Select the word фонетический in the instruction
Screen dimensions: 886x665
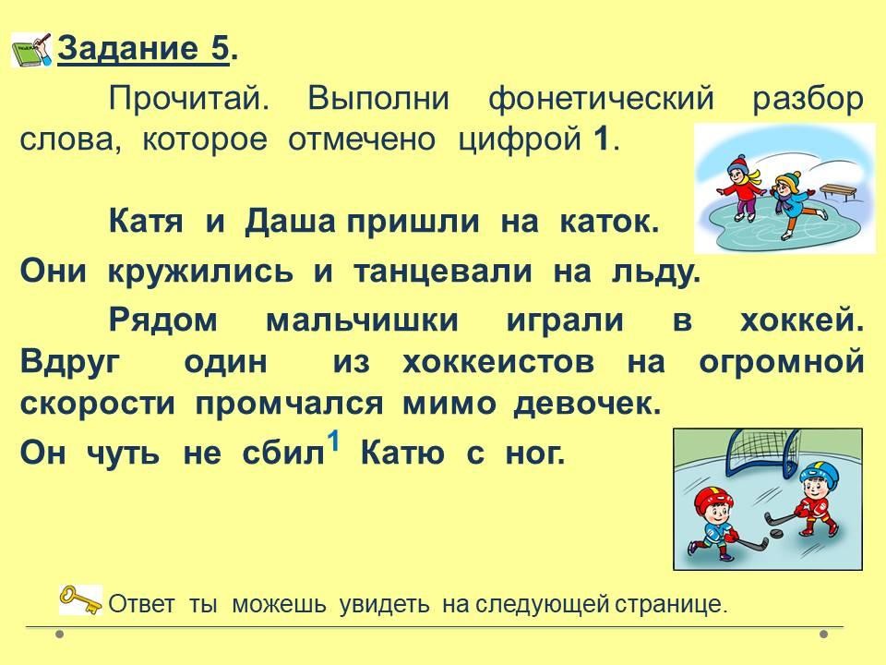pos(601,100)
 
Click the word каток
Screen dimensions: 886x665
pos(609,223)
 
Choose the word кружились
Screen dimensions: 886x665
pos(200,272)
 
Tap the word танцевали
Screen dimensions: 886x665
pos(443,272)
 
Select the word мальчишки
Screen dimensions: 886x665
pos(362,320)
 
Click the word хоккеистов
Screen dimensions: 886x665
pos(498,362)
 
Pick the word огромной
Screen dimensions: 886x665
pos(782,363)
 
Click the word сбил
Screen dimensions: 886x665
pos(283,453)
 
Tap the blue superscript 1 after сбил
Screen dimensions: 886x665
pos(334,441)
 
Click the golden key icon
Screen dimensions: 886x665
pos(81,600)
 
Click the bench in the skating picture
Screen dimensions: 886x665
pos(838,192)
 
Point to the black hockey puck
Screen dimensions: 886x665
pos(776,534)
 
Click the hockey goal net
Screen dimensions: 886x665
pos(762,453)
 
